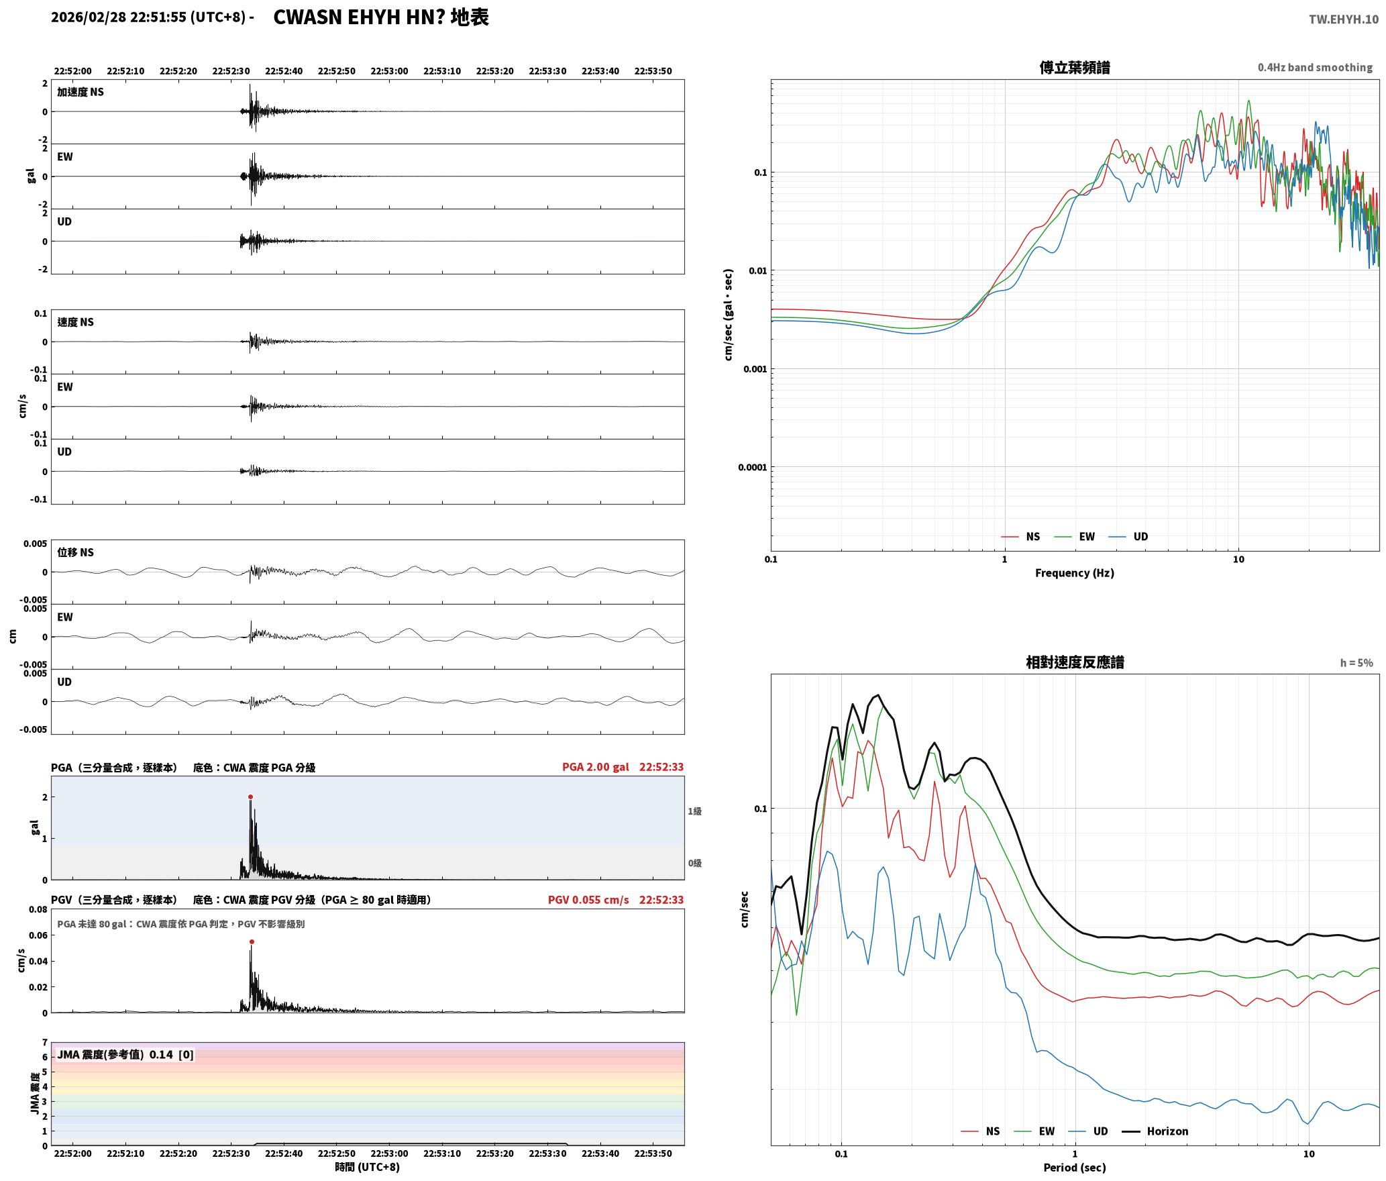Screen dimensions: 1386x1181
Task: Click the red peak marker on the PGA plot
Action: [250, 797]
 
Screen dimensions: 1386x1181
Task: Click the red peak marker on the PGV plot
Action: [252, 942]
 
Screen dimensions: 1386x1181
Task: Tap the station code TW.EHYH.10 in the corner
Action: [1343, 19]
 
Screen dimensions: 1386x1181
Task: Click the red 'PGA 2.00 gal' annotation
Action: [596, 767]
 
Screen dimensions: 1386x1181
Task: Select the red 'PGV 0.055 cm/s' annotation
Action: [588, 900]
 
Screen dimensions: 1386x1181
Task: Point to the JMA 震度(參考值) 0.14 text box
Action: [125, 1054]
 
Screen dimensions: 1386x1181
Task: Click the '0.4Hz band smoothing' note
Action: [1315, 68]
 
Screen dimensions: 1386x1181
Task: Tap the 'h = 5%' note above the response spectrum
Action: [1356, 663]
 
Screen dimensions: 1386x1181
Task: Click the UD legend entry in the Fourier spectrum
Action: [1128, 537]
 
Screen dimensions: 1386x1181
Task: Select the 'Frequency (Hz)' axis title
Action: [1074, 573]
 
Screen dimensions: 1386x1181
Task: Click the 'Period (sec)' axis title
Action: [1074, 1168]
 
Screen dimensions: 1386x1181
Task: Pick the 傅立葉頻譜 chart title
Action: [1075, 67]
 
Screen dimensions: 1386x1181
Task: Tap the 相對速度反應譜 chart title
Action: [1075, 662]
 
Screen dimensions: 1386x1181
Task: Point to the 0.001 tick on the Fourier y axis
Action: [755, 369]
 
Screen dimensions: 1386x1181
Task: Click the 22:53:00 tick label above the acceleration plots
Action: [389, 71]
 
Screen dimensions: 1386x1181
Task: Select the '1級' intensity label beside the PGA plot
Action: [694, 811]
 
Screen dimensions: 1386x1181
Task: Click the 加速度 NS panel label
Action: [81, 92]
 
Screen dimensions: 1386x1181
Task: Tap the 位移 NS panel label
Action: [75, 552]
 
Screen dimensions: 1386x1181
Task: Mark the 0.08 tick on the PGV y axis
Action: [38, 910]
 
